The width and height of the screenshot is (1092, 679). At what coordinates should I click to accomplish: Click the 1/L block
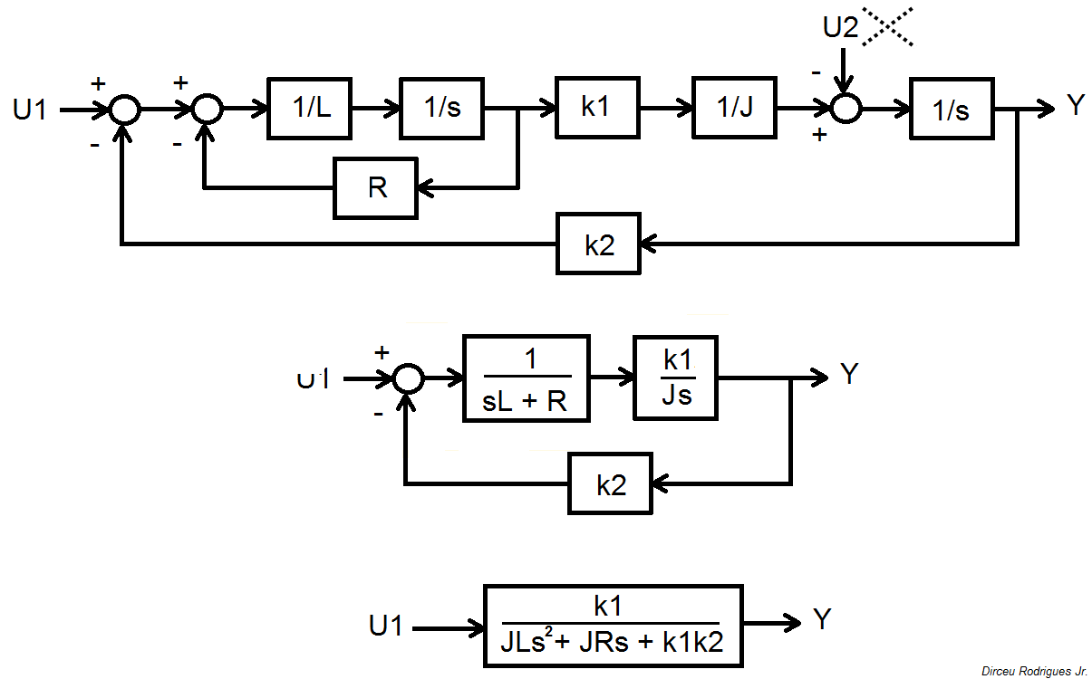[x=309, y=109]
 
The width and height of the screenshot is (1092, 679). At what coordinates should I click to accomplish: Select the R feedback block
[x=375, y=188]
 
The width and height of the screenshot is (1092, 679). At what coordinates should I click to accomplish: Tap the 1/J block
[x=733, y=109]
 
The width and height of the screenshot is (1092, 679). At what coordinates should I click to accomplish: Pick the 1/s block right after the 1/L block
[x=443, y=109]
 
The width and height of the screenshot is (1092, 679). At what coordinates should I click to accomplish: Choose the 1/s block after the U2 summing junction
[x=952, y=109]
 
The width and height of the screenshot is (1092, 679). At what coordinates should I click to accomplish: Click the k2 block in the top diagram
[x=598, y=244]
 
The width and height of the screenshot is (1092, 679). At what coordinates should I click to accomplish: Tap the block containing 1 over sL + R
[x=526, y=378]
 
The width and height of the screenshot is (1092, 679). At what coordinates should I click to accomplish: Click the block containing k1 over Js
[x=677, y=378]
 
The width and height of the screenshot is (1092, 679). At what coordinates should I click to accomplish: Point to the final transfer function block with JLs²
[x=614, y=626]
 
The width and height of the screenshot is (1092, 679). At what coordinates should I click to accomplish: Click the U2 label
[x=839, y=28]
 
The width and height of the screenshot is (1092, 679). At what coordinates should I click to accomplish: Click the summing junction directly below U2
[x=845, y=109]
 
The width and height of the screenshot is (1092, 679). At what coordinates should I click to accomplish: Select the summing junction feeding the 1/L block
[x=208, y=109]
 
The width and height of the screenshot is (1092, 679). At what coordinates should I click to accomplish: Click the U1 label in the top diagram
[x=30, y=110]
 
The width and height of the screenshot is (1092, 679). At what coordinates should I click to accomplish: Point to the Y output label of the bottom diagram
[x=822, y=620]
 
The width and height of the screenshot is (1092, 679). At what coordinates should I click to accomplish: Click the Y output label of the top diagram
[x=1075, y=106]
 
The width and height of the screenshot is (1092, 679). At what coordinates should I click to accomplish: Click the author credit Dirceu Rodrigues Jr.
[x=1034, y=671]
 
